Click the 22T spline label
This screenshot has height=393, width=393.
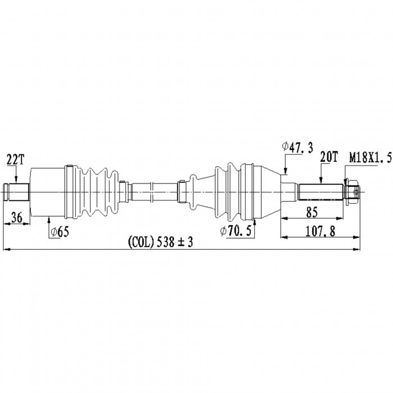click(15, 159)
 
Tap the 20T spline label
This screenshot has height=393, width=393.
click(329, 157)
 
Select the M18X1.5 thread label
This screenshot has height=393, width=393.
click(371, 158)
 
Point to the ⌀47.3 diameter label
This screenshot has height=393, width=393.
click(298, 148)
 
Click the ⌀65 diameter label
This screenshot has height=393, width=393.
click(60, 232)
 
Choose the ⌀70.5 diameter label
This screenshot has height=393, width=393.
click(236, 231)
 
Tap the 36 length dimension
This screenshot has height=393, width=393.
click(17, 217)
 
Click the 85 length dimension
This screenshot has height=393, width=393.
click(312, 212)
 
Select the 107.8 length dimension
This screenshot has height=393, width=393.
click(320, 231)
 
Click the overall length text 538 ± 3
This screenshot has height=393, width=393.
click(175, 242)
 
